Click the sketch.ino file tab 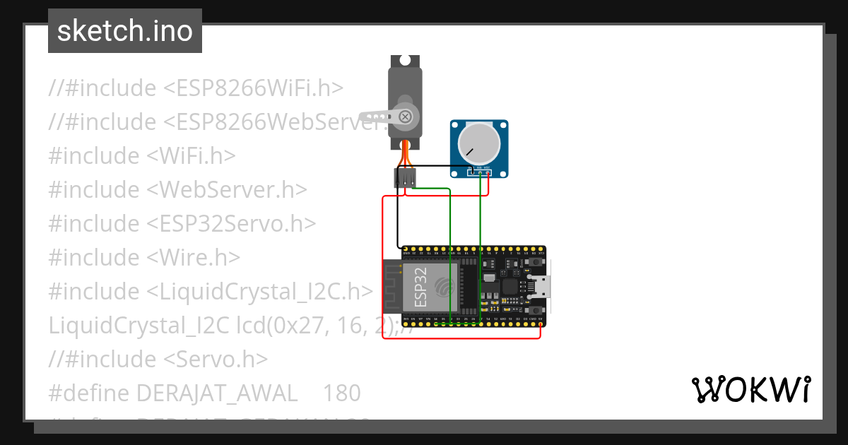click(x=125, y=31)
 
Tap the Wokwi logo click(x=750, y=389)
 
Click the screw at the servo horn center click(x=406, y=116)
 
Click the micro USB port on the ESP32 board click(x=543, y=287)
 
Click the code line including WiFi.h click(x=142, y=155)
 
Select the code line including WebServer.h click(x=177, y=189)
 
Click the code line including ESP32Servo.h click(x=182, y=223)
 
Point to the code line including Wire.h click(x=144, y=257)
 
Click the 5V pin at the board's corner click(x=541, y=324)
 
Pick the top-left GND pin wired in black click(x=405, y=249)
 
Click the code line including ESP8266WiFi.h click(x=196, y=88)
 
